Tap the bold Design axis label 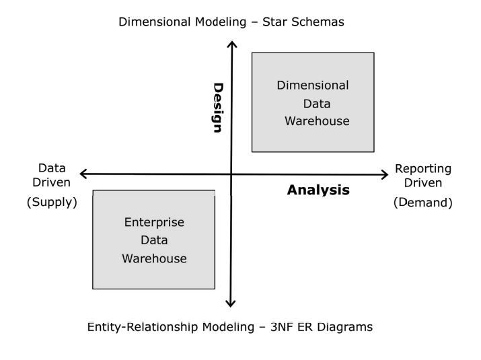(x=218, y=108)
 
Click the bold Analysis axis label (x=318, y=190)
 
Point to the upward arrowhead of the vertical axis (x=232, y=44)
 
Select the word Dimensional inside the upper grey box (x=313, y=85)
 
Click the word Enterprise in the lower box (x=155, y=222)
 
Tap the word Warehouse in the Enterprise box (x=154, y=258)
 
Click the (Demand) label (x=422, y=201)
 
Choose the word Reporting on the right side (x=422, y=168)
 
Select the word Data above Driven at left (x=51, y=168)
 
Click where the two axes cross (x=232, y=175)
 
